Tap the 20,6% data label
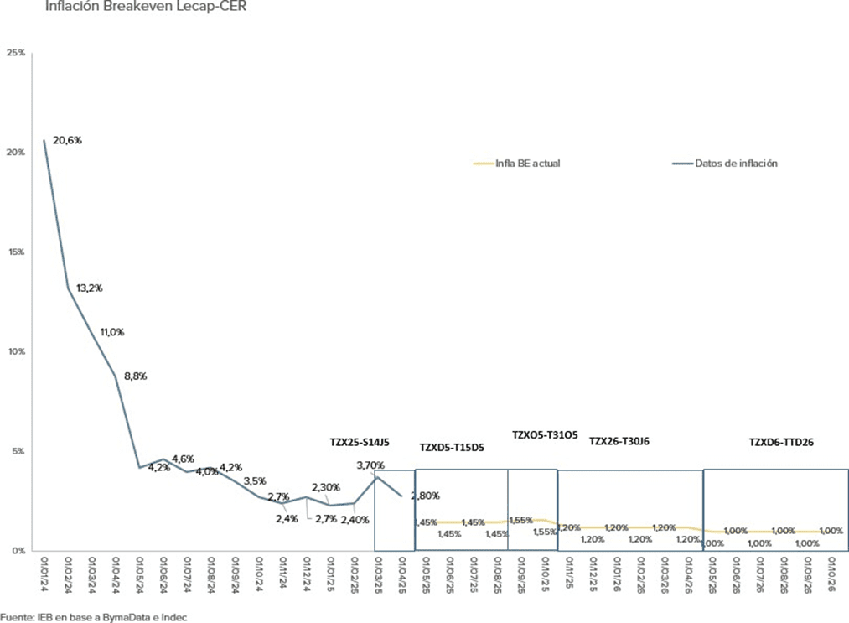(68, 141)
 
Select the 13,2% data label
(89, 288)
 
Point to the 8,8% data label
(134, 376)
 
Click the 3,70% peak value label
(370, 465)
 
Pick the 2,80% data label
(424, 496)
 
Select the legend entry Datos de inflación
(735, 164)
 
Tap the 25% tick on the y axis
(16, 53)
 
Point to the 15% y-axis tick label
(16, 252)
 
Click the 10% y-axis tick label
(16, 351)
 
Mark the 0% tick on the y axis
(18, 550)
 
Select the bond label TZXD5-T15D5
(452, 448)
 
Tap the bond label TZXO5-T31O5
(545, 434)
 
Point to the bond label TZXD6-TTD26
(781, 441)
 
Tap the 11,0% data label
(111, 332)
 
